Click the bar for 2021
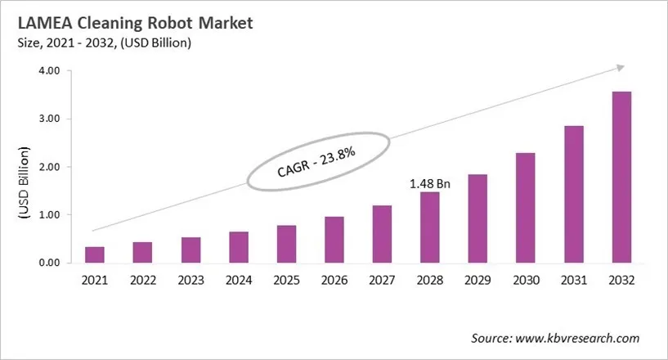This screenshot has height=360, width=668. pyautogui.click(x=95, y=254)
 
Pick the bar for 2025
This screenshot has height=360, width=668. pyautogui.click(x=286, y=244)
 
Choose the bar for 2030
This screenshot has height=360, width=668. pyautogui.click(x=526, y=208)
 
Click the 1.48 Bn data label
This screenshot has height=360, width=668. pyautogui.click(x=429, y=184)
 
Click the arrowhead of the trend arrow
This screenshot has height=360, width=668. pyautogui.click(x=621, y=68)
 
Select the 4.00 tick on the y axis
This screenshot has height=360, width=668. pyautogui.click(x=50, y=71)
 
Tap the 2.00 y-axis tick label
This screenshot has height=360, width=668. pyautogui.click(x=50, y=167)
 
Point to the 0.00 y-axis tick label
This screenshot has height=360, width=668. pyautogui.click(x=50, y=263)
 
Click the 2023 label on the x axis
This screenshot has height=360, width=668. pyautogui.click(x=191, y=280)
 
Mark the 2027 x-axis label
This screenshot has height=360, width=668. pyautogui.click(x=382, y=280)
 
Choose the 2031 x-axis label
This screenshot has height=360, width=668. pyautogui.click(x=573, y=280)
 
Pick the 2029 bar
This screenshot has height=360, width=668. pyautogui.click(x=477, y=218)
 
